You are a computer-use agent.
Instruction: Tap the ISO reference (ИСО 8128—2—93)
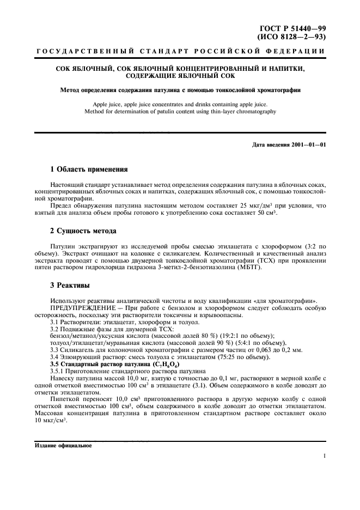click(x=291, y=37)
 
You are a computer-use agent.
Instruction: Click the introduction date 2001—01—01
click(x=309, y=144)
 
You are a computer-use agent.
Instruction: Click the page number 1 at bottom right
click(x=324, y=457)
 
